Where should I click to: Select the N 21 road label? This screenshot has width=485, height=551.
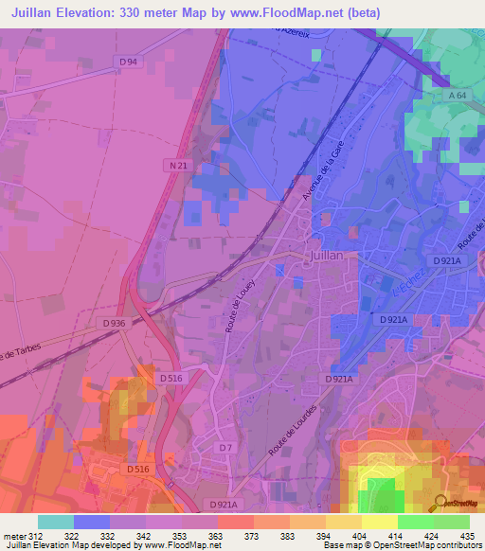(172, 165)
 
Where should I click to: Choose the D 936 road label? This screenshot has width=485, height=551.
(115, 323)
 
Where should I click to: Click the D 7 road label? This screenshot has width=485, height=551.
(225, 447)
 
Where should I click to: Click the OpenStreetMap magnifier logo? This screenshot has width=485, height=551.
(441, 504)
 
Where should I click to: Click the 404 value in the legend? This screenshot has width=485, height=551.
(359, 537)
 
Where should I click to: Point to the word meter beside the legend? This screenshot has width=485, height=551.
(13, 537)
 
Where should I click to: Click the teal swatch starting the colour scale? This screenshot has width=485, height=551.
(56, 522)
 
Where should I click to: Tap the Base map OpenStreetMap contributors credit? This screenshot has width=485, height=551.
(404, 545)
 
